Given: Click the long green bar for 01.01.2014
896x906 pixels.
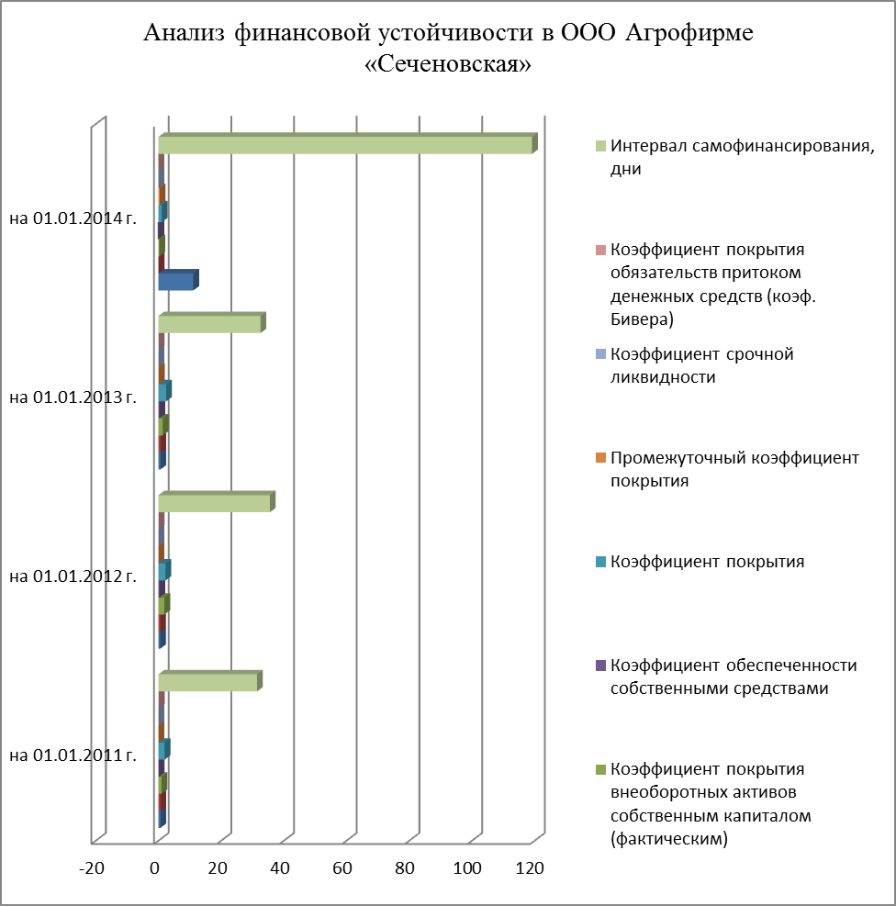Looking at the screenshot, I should pos(344,145).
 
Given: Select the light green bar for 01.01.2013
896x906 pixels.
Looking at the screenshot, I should pos(209,323).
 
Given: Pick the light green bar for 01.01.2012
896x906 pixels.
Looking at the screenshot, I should pos(214,503).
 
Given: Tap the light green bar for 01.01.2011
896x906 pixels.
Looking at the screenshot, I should pos(207,682).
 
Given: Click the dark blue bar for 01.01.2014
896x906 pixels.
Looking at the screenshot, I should pos(175,281).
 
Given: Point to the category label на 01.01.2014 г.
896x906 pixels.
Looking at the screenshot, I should pos(73,218).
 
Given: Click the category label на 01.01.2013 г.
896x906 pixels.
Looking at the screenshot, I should pos(73,397).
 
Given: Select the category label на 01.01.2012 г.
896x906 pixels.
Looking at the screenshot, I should pos(73,576).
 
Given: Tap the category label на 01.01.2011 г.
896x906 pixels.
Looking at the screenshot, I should pos(73,755).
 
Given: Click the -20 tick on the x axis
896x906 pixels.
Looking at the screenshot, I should pos(92,868).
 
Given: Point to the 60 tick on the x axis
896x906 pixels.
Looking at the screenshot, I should pos(342,868).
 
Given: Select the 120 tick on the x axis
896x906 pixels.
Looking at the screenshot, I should pos(530,868).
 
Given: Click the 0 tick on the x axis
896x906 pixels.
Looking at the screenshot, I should pos(156,868).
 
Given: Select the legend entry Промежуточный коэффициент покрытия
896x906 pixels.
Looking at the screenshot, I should pos(734,468).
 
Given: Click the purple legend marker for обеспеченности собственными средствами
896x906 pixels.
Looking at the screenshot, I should pos(601,666).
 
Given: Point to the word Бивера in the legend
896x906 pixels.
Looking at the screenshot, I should pos(642,319).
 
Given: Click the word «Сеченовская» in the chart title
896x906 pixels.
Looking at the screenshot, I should pos(448,68).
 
